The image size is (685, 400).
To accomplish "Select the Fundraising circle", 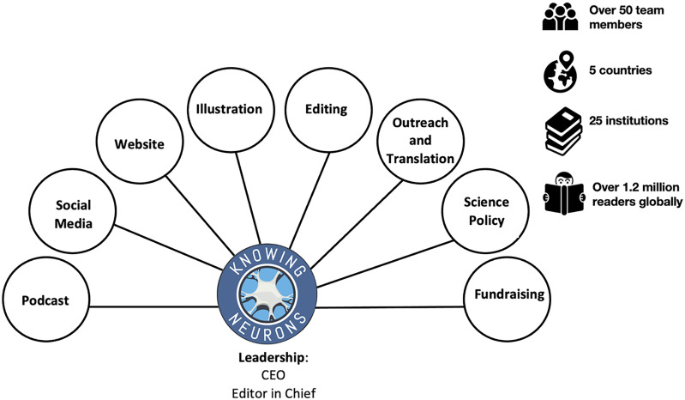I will [x=508, y=295].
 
